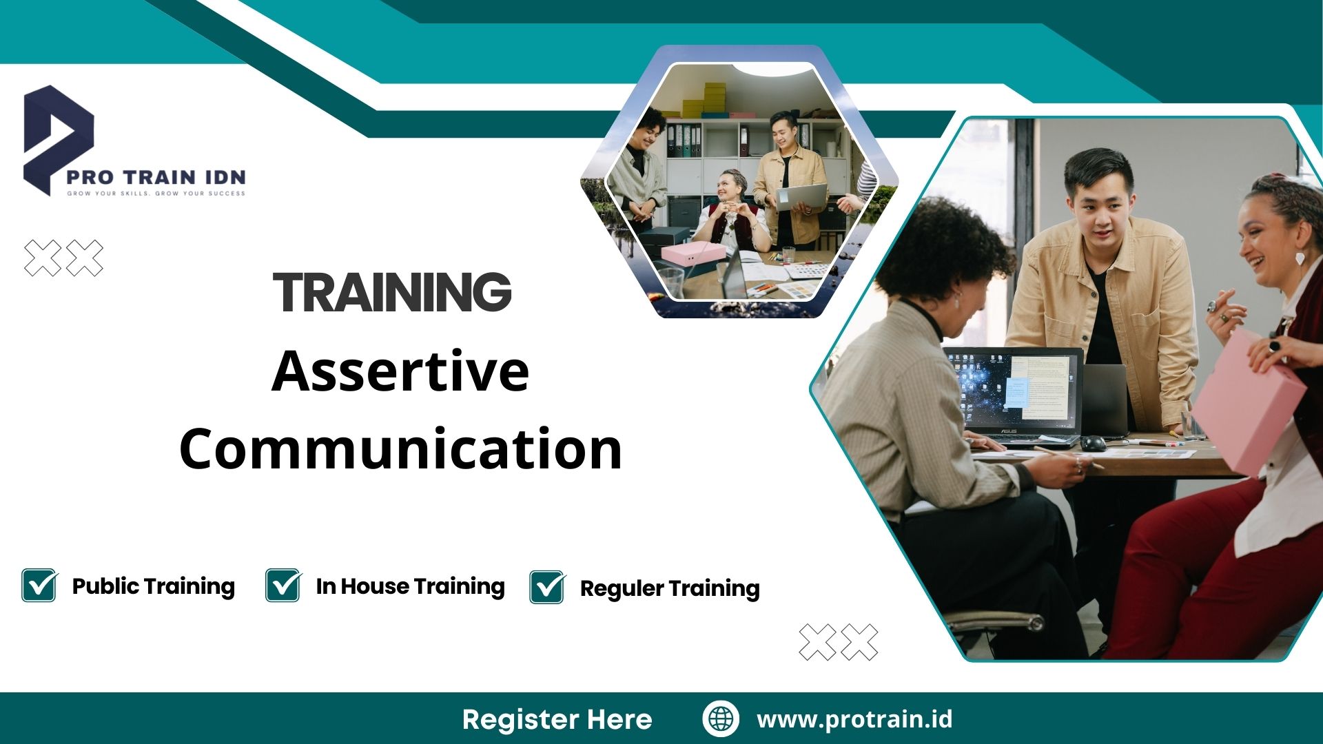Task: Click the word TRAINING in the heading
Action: (x=392, y=291)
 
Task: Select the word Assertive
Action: (x=400, y=371)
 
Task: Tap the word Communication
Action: (x=400, y=448)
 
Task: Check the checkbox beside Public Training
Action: (x=39, y=586)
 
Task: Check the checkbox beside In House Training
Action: (x=283, y=586)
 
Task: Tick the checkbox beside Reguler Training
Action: (x=547, y=588)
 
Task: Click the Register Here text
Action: (x=557, y=719)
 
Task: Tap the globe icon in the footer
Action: (x=721, y=719)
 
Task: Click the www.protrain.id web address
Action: (x=854, y=719)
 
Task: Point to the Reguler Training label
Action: (x=669, y=588)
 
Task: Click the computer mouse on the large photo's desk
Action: (x=1093, y=443)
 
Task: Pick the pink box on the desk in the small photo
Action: (x=693, y=252)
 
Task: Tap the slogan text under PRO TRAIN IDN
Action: (x=156, y=194)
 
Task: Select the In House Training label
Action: (x=410, y=586)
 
